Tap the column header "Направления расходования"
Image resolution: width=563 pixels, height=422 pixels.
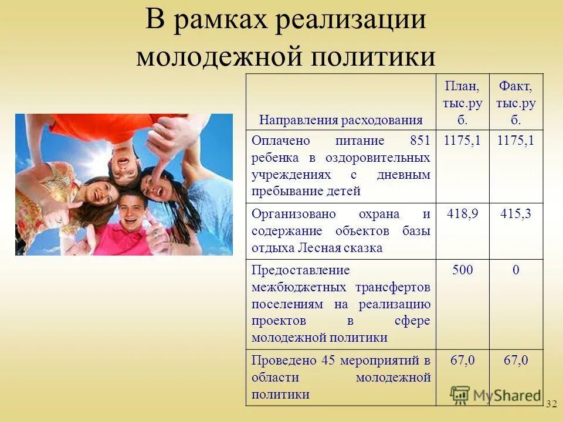pyautogui.click(x=341, y=120)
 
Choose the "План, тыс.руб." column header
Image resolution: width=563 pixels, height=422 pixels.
pyautogui.click(x=463, y=104)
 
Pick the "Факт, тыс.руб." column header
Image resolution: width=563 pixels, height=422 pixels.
pyautogui.click(x=516, y=104)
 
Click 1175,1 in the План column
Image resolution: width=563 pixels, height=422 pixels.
pyautogui.click(x=463, y=141)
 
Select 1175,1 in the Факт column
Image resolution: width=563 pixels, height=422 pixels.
pyautogui.click(x=516, y=141)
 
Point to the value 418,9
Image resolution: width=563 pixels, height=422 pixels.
pyautogui.click(x=463, y=214)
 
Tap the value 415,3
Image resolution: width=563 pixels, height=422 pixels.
pyautogui.click(x=516, y=214)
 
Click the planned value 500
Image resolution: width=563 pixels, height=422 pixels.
pyautogui.click(x=463, y=270)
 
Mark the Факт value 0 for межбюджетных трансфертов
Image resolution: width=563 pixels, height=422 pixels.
pyautogui.click(x=516, y=270)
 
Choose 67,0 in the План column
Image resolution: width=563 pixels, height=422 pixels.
pyautogui.click(x=463, y=360)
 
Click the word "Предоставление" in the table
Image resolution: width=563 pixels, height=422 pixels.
pyautogui.click(x=292, y=270)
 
